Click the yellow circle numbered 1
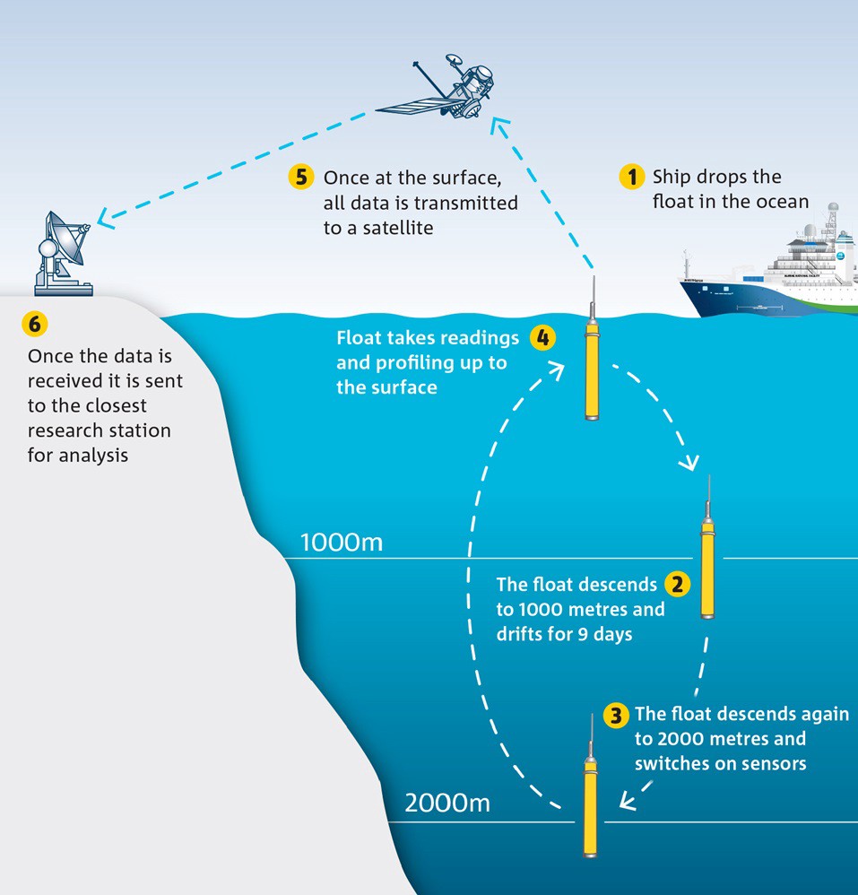point(633,177)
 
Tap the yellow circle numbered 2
point(677,586)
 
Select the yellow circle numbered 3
point(616,715)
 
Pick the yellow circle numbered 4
point(542,338)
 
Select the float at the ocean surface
point(591,359)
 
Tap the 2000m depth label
point(446,803)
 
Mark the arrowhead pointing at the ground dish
point(106,217)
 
